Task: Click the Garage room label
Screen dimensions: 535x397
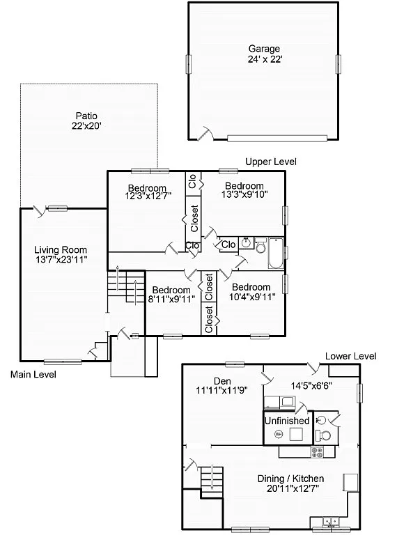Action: [264, 49]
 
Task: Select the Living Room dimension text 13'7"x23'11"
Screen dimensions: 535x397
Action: [61, 260]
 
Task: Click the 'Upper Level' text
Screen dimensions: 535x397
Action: [271, 162]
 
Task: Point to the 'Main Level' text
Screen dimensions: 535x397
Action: [33, 375]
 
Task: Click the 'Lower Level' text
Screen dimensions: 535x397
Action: [351, 356]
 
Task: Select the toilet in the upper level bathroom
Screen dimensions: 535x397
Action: [260, 247]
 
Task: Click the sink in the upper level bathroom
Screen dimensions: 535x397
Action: [246, 243]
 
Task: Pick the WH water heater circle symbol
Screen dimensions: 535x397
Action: [279, 434]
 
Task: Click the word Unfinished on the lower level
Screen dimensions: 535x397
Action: [286, 421]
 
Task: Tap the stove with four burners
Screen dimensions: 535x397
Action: [318, 451]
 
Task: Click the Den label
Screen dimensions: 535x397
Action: [222, 380]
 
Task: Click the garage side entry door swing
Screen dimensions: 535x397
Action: [205, 133]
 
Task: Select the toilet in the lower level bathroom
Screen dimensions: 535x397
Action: [322, 435]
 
